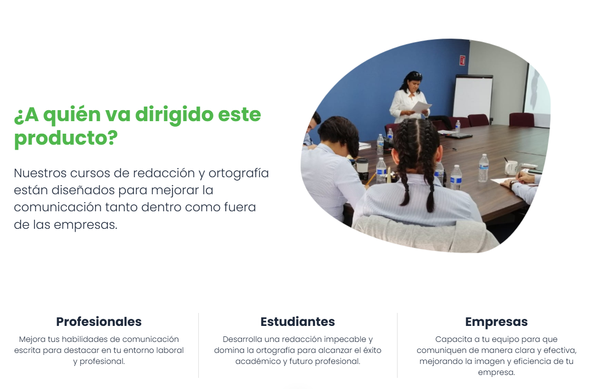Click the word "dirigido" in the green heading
point(174,115)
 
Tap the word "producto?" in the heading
point(66,138)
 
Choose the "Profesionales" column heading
point(99,322)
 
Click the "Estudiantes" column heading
point(298,322)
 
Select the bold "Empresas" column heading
point(496,322)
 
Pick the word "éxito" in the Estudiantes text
point(372,350)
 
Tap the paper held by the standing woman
point(421,107)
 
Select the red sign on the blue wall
point(462,60)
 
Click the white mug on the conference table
point(511,168)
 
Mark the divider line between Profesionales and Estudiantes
point(198,345)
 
